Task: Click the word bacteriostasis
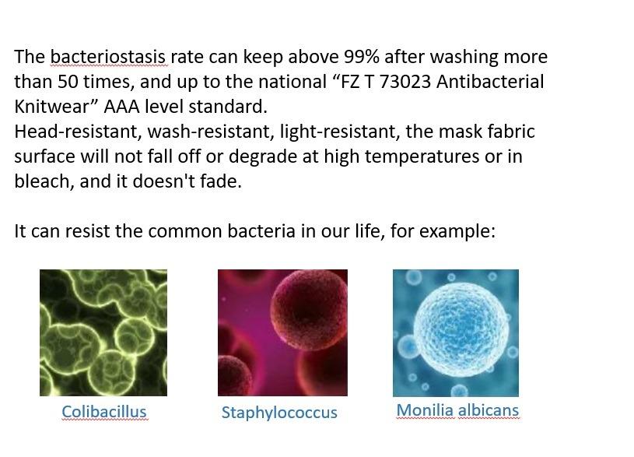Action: (x=108, y=57)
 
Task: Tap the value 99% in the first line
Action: (x=362, y=57)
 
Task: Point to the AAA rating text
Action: (x=121, y=107)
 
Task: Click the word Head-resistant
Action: (x=78, y=132)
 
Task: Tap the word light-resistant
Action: (x=340, y=132)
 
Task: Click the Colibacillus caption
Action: (x=104, y=412)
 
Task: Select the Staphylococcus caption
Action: (x=279, y=413)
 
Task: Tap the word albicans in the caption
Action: (x=488, y=410)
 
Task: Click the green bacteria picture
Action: (x=103, y=332)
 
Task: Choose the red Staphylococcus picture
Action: (x=282, y=332)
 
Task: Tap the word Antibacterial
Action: (x=490, y=82)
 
